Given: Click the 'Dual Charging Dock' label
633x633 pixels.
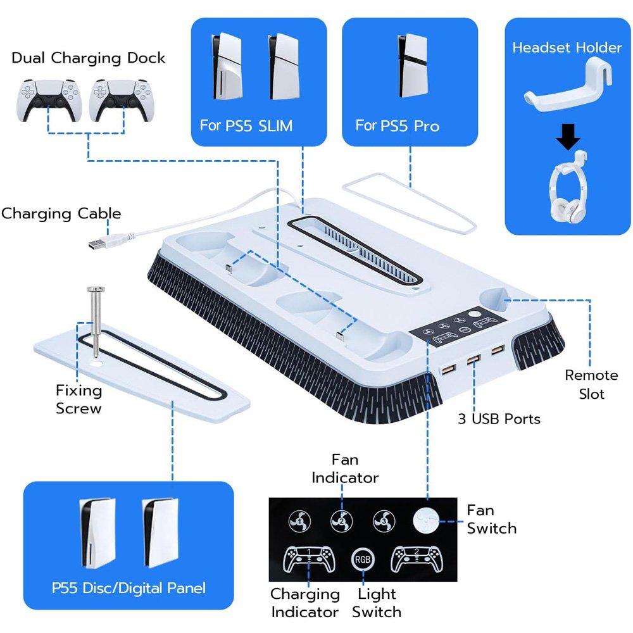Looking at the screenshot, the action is (88, 58).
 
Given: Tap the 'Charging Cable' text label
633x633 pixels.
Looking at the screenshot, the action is (61, 213).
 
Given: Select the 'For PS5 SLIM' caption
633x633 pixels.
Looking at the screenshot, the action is (246, 125).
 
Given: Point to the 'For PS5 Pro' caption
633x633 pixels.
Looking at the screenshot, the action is (398, 125).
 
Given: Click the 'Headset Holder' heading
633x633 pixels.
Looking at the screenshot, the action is (567, 47).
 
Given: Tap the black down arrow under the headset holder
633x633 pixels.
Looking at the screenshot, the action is (568, 137).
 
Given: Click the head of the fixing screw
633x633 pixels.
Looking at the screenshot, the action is (96, 289).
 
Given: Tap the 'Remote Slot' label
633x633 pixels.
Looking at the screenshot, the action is (591, 384).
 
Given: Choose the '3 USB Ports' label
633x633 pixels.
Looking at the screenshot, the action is (499, 419).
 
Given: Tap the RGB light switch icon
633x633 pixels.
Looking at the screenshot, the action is (363, 559).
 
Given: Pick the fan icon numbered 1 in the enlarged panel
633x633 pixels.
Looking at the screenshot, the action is (299, 521).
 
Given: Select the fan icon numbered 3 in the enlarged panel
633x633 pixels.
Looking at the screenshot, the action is (384, 521).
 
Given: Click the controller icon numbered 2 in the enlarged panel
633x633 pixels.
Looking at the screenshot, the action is (417, 559).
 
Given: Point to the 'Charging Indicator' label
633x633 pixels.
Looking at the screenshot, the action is (305, 603).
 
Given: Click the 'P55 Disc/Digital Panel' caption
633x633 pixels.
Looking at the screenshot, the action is (128, 588).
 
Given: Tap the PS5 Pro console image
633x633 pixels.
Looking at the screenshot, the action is (412, 65).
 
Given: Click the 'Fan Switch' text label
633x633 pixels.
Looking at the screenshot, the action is (491, 519).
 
